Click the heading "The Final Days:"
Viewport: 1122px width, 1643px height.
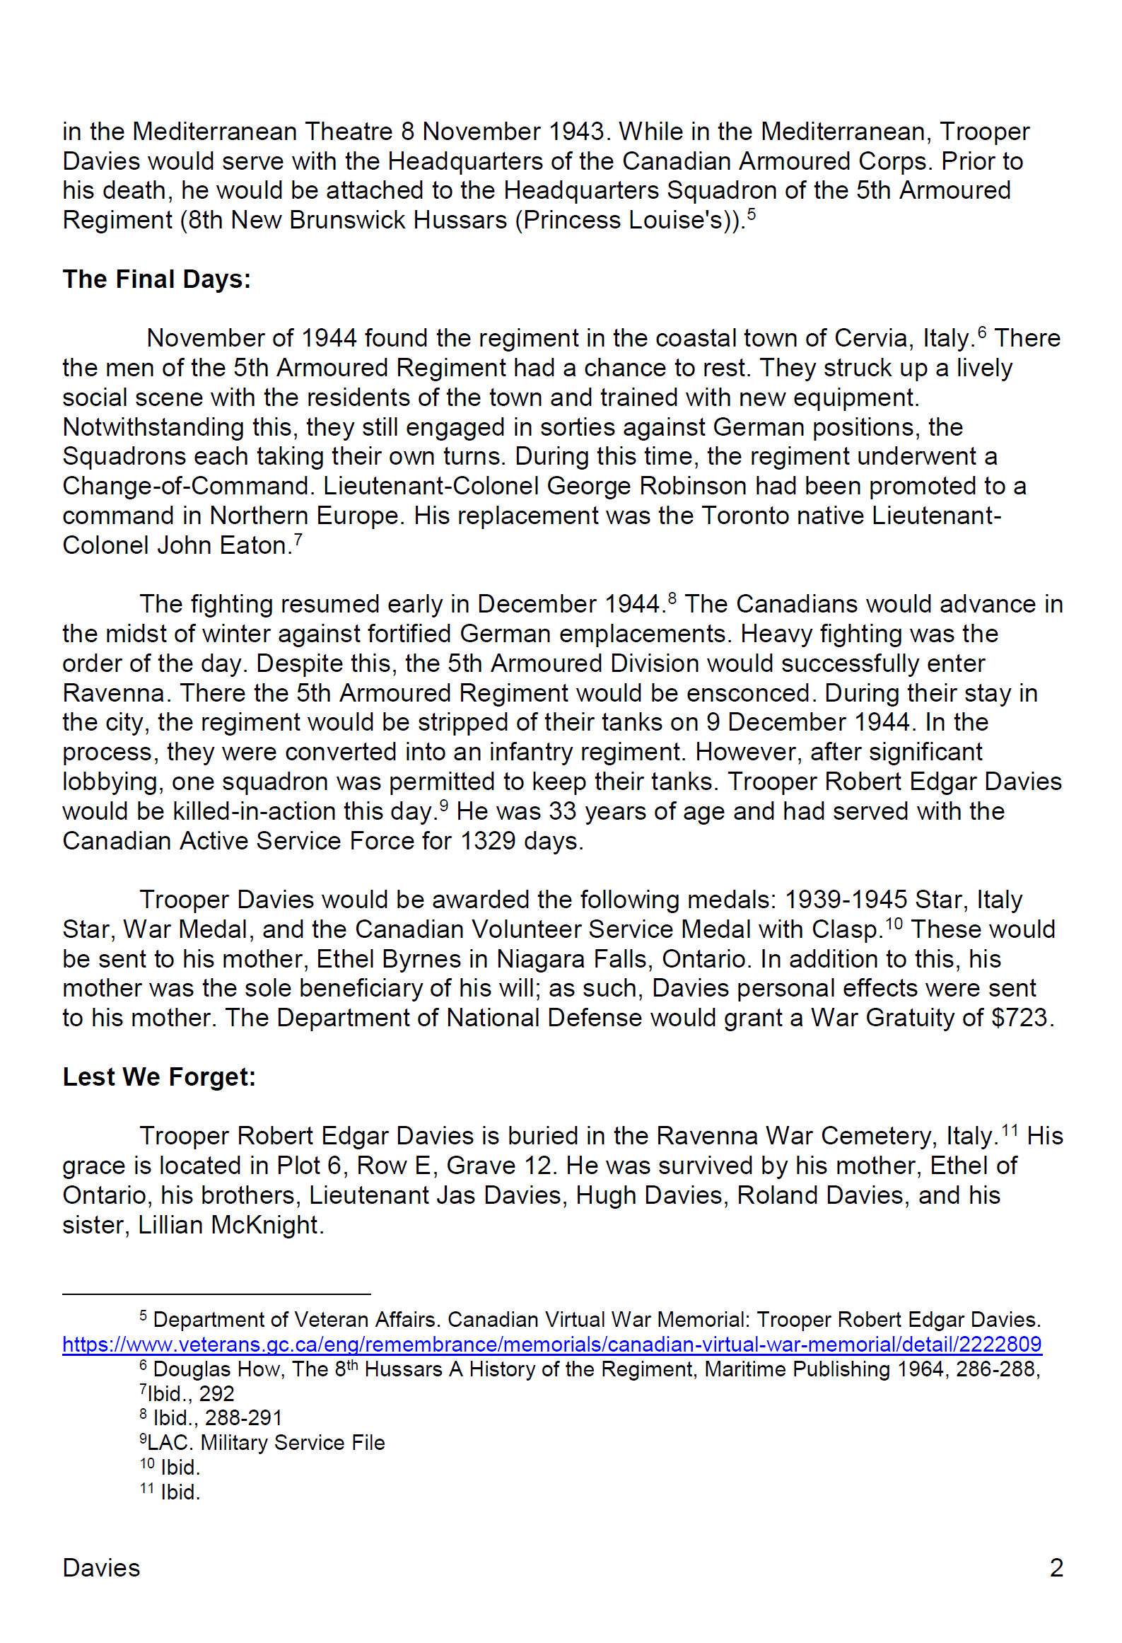pyautogui.click(x=156, y=279)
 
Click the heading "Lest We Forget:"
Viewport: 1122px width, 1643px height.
pyautogui.click(x=158, y=1076)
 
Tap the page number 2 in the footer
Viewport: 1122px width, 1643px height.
pyautogui.click(x=1056, y=1568)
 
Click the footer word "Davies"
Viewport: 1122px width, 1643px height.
pyautogui.click(x=101, y=1568)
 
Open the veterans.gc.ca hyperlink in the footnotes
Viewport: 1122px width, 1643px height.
pyautogui.click(x=551, y=1345)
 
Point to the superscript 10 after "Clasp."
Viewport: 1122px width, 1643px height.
pyautogui.click(x=894, y=922)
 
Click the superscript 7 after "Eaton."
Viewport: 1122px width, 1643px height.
pyautogui.click(x=298, y=540)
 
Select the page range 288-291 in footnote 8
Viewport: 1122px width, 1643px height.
pyautogui.click(x=243, y=1418)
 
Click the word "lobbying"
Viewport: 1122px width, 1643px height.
pyautogui.click(x=109, y=782)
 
